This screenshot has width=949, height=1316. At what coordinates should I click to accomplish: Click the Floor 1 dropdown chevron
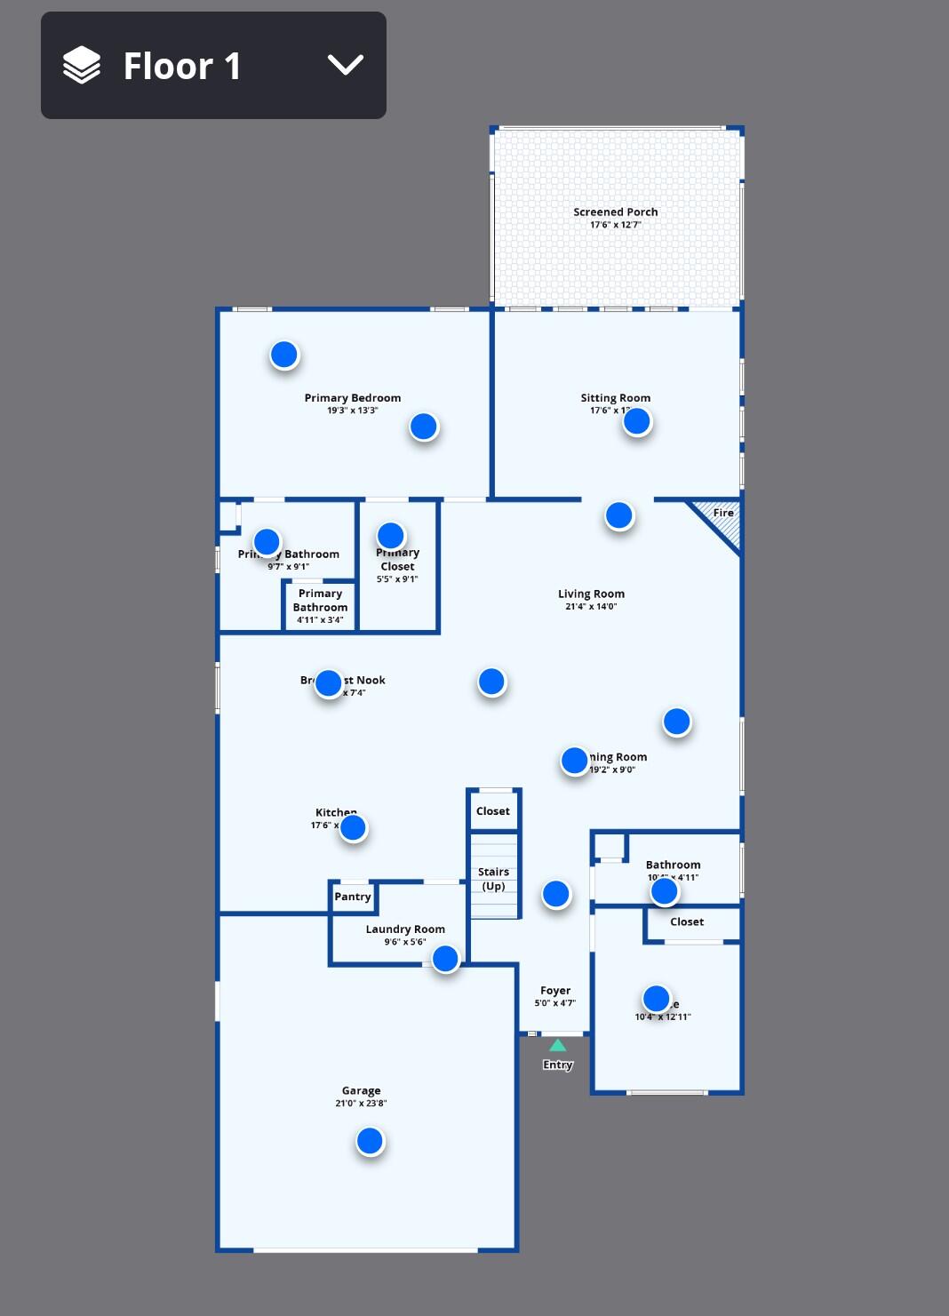click(x=345, y=65)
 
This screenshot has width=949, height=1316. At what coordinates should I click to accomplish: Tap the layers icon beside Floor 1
click(x=82, y=65)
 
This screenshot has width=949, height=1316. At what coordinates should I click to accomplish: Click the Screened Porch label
click(x=615, y=212)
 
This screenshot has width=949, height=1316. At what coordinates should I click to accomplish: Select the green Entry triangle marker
click(x=557, y=1046)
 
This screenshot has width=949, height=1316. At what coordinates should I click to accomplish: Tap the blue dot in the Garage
click(x=370, y=1141)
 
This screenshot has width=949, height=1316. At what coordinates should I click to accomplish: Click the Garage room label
click(x=361, y=1090)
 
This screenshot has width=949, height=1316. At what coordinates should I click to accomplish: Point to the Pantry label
click(x=353, y=897)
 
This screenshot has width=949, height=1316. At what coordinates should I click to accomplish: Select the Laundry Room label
click(x=405, y=929)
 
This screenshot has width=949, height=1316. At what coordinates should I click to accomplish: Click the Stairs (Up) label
click(x=493, y=879)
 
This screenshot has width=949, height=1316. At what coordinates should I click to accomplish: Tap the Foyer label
click(x=555, y=991)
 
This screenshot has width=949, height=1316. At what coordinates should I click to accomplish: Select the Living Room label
click(x=591, y=594)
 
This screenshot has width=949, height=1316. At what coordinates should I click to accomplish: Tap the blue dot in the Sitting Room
click(x=636, y=421)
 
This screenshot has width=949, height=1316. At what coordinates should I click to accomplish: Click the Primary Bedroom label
click(x=352, y=398)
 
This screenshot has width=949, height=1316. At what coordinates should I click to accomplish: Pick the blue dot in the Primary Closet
click(x=390, y=536)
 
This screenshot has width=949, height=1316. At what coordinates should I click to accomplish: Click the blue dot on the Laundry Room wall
click(x=445, y=958)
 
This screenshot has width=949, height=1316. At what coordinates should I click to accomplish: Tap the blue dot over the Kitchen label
click(x=353, y=828)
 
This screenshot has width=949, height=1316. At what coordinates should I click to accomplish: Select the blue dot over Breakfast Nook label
click(x=328, y=682)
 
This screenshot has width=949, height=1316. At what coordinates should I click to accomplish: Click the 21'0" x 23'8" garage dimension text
click(x=361, y=1104)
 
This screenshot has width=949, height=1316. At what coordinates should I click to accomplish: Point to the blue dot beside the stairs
click(x=555, y=894)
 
